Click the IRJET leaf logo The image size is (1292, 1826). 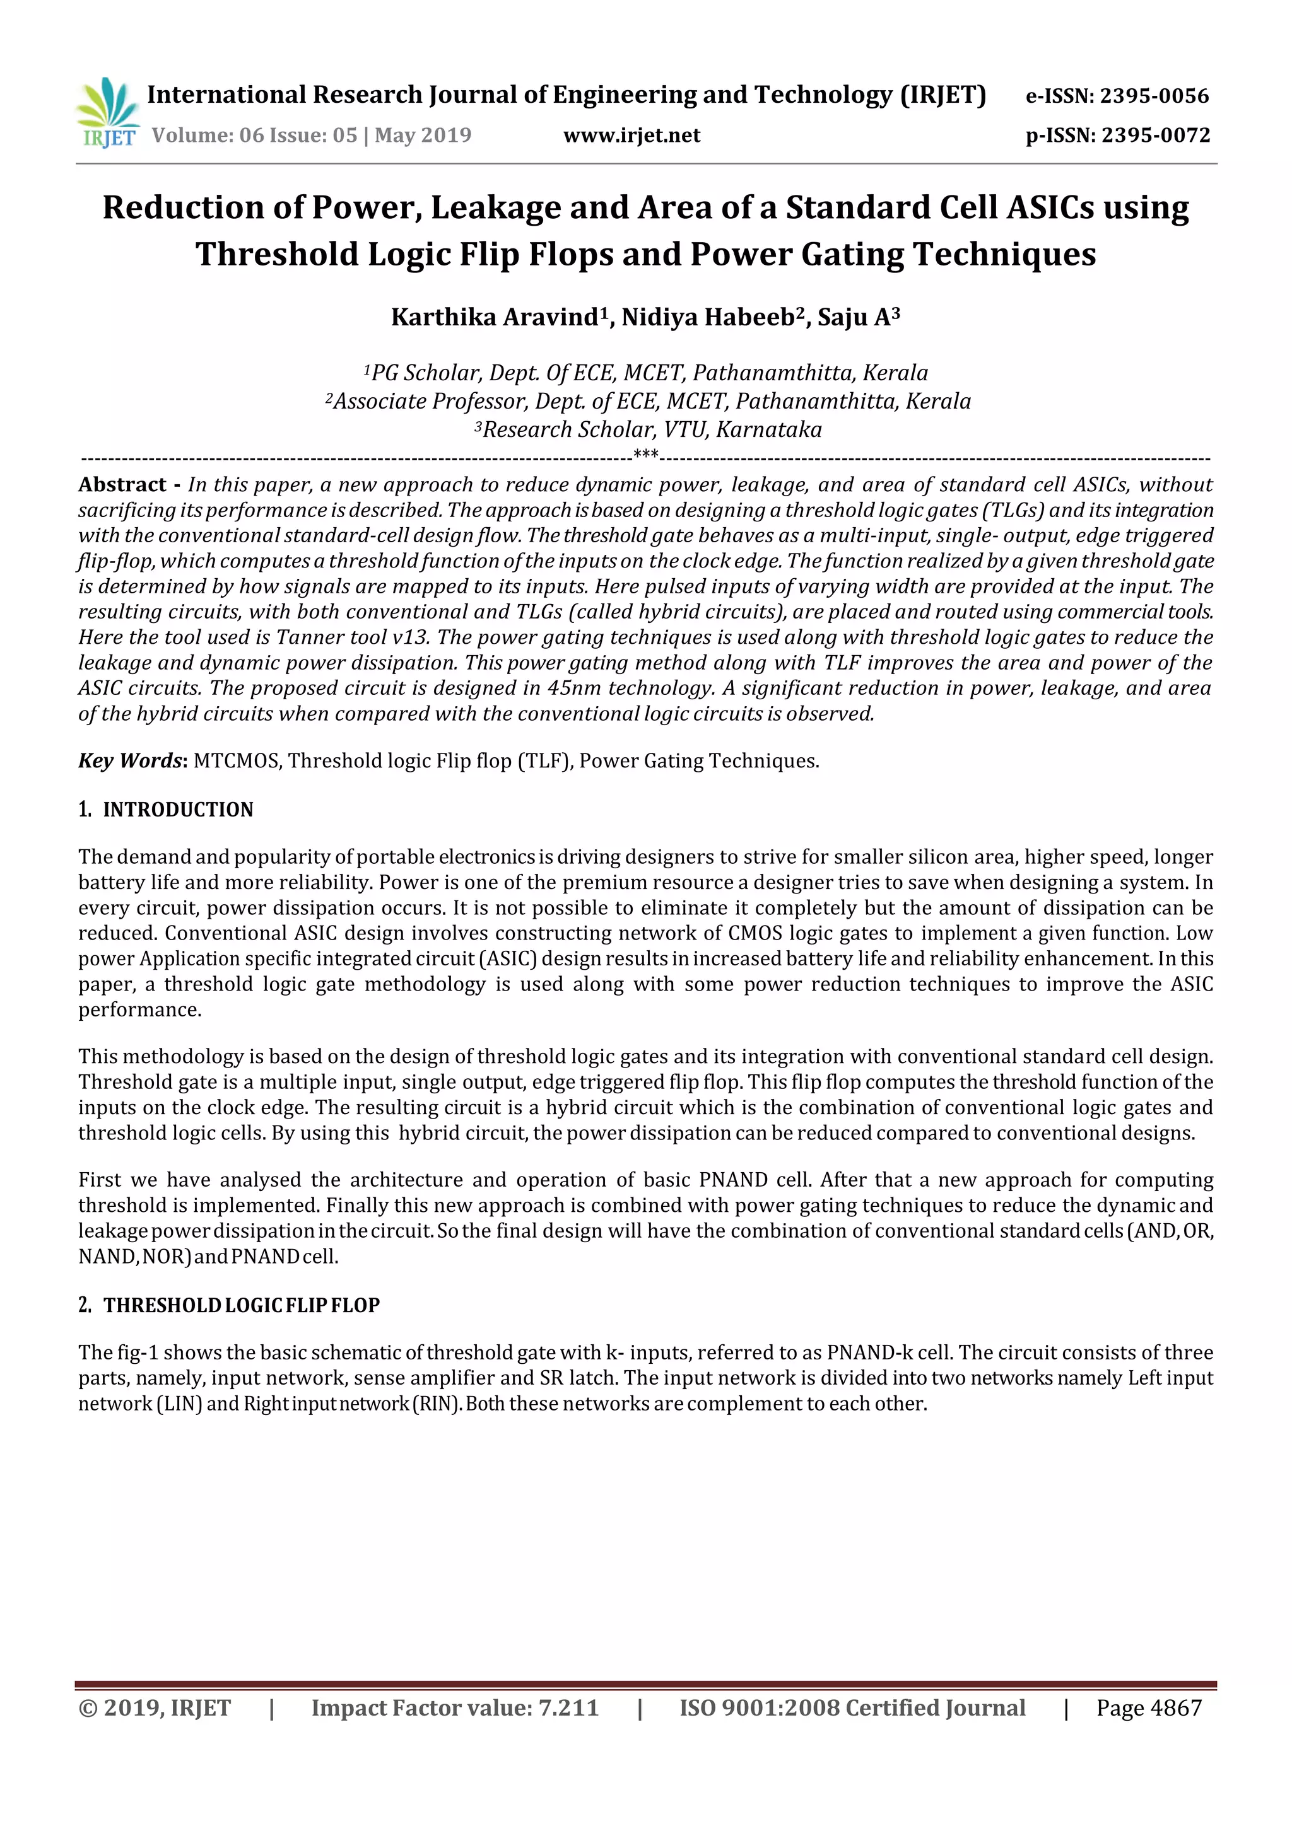coord(107,112)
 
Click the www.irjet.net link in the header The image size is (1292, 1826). coord(631,135)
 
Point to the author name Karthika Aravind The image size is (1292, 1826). coord(494,317)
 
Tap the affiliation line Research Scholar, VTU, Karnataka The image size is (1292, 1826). coord(649,429)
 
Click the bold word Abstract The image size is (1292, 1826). coord(122,484)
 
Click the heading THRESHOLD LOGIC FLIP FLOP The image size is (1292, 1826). coord(241,1305)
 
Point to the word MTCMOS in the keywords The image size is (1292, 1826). coord(237,760)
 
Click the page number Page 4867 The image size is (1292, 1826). coord(1149,1707)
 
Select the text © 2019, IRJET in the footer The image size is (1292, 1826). coord(155,1707)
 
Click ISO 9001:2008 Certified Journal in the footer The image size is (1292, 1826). coord(852,1707)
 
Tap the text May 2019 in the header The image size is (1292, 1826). coord(423,135)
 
